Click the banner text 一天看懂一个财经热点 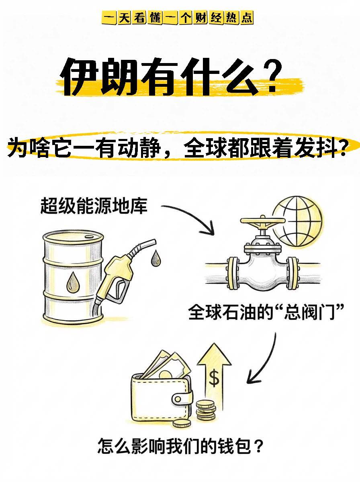[x=178, y=18]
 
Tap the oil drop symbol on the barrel [x=73, y=282]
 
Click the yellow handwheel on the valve [x=262, y=221]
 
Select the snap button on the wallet [x=178, y=399]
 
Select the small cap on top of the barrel [x=89, y=237]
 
